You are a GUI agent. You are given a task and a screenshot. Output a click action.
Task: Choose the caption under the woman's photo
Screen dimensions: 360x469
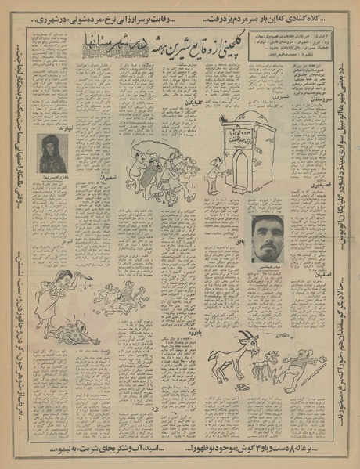pyautogui.click(x=52, y=177)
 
